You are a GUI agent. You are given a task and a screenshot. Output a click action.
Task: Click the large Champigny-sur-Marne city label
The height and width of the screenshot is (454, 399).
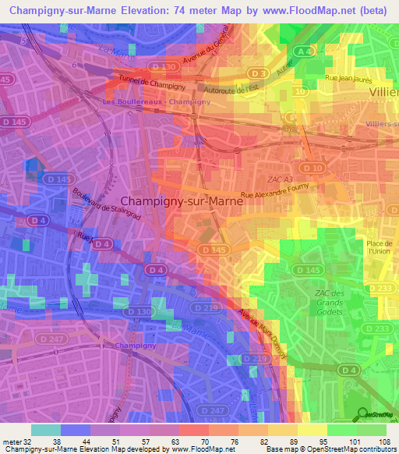[182, 200]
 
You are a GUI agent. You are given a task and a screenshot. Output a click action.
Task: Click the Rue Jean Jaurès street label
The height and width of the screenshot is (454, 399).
[349, 79]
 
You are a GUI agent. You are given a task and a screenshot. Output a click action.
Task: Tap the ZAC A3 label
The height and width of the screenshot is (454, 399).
[278, 158]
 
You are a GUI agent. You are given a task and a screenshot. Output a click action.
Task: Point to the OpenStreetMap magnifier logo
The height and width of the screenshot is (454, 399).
[361, 413]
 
